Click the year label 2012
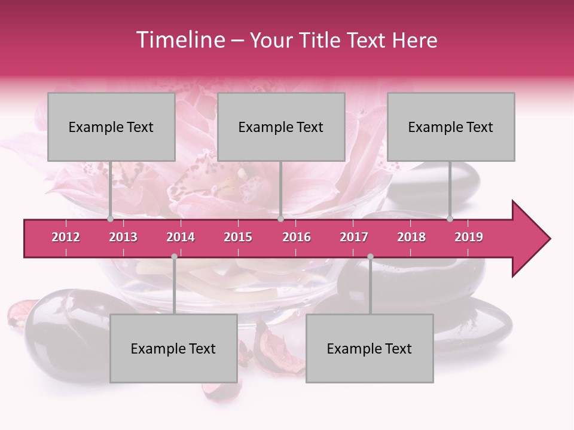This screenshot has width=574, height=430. coord(66,237)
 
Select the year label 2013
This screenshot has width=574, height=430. coord(123,237)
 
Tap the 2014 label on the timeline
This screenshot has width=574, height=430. coord(181,237)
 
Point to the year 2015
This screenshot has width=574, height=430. coord(238,237)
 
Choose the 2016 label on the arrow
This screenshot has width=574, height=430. coord(297,237)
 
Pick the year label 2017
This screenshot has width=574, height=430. coord(354,237)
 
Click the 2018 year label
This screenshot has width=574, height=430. coord(411,237)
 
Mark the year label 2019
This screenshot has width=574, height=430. coord(469,237)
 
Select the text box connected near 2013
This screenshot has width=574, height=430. coord(111,127)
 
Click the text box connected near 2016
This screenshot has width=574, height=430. coord(281,127)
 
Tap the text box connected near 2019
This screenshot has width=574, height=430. coord(451,127)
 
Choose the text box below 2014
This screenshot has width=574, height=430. coord(173,349)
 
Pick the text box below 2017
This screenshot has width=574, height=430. coord(370,349)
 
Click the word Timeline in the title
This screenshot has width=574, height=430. coord(179,40)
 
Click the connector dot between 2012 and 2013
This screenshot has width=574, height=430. coord(110,219)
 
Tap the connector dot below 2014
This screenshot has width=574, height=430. coord(174,256)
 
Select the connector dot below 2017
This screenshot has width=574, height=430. coord(370,256)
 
